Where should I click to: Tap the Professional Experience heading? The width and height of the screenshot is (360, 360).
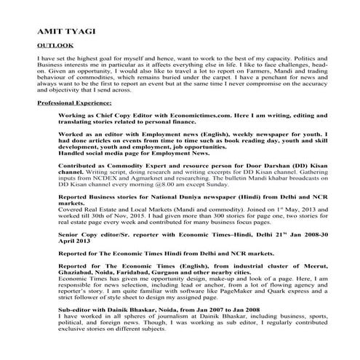click(71, 105)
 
